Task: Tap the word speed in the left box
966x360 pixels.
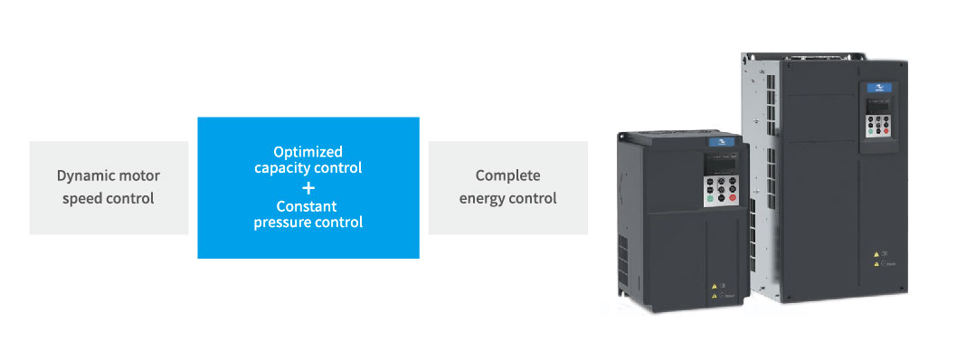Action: click(x=82, y=198)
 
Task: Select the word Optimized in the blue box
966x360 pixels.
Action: click(x=308, y=152)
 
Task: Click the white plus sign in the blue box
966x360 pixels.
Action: click(x=308, y=187)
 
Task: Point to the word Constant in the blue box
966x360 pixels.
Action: click(x=308, y=206)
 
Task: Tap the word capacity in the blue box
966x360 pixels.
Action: click(x=280, y=168)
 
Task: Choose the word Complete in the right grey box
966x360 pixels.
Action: click(x=507, y=175)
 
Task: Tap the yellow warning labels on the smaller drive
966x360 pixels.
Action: click(x=714, y=289)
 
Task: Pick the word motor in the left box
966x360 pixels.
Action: click(x=138, y=175)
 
